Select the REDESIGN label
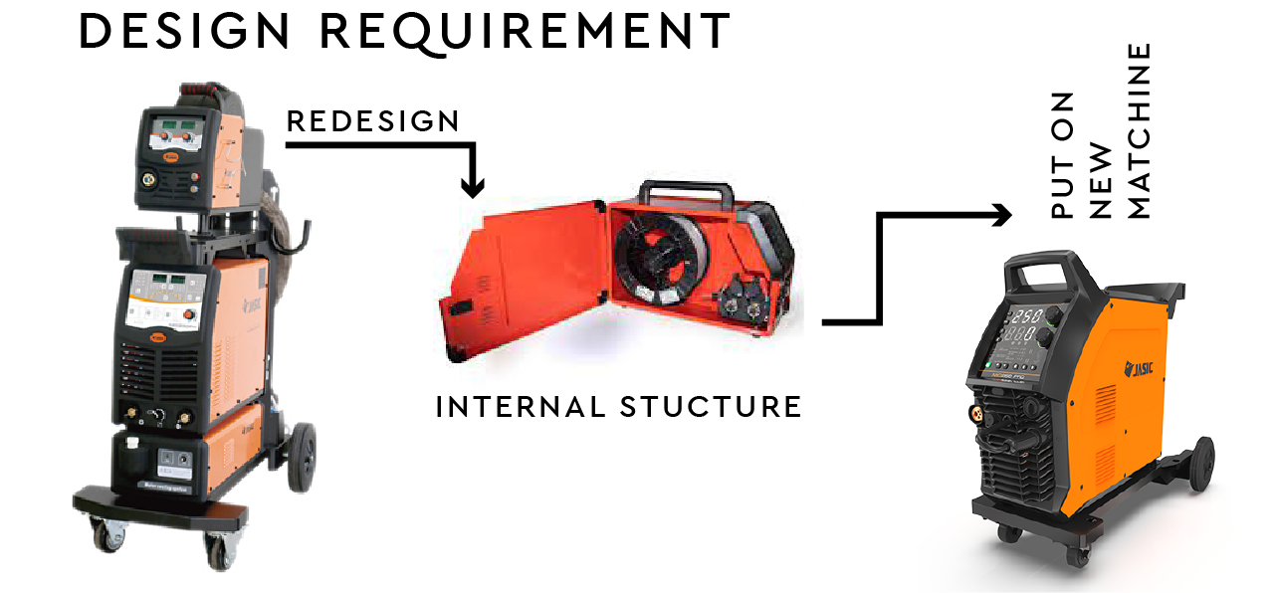(373, 121)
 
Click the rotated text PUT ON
(1064, 155)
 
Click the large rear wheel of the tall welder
(303, 455)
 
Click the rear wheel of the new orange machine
(1200, 463)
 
